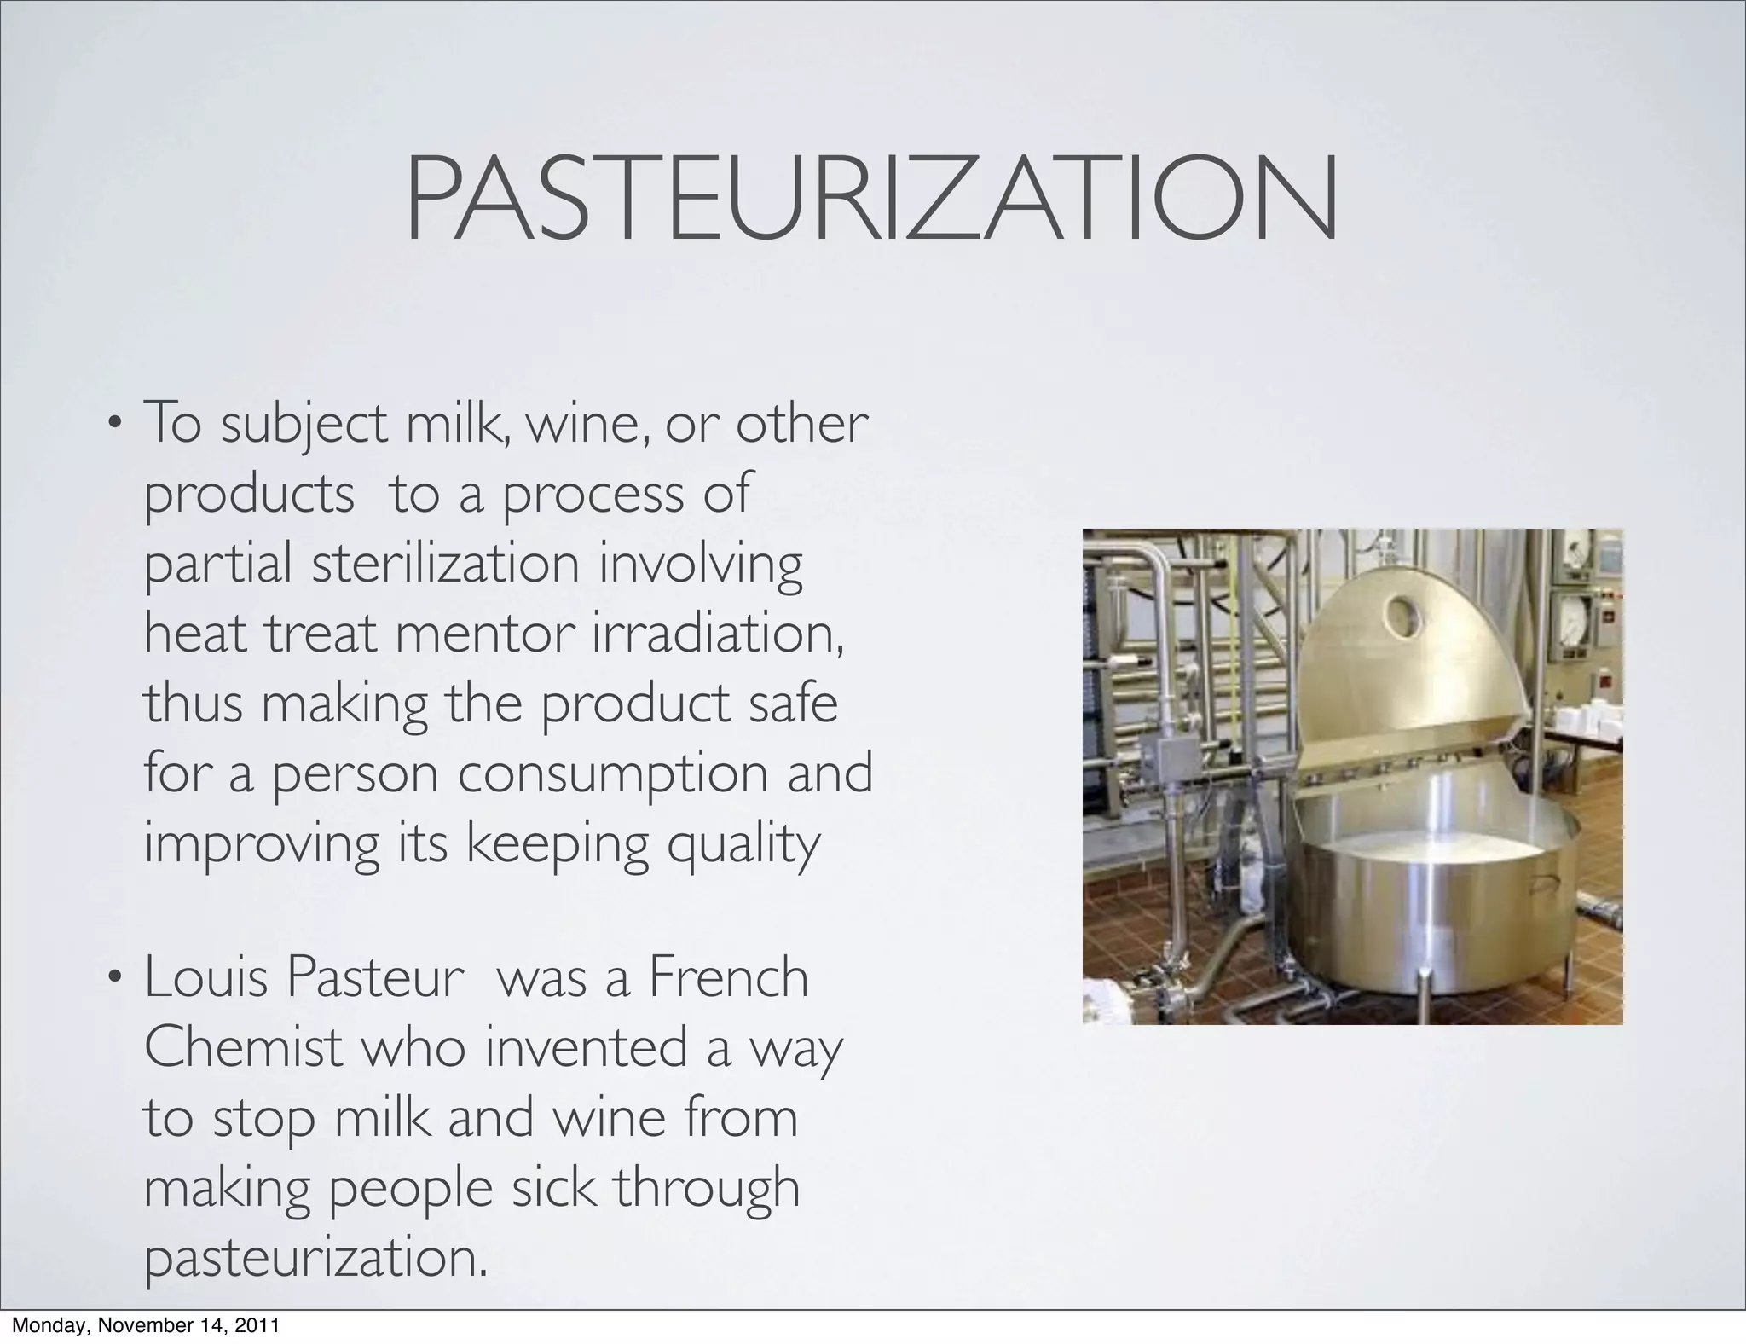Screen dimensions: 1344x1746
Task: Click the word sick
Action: point(555,1187)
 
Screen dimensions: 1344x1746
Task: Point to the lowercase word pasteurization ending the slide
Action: point(316,1259)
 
